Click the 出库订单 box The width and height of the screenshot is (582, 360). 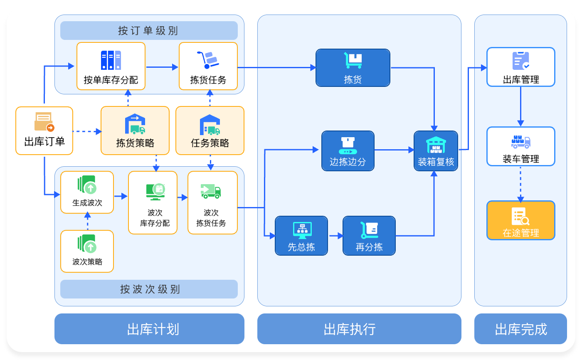pyautogui.click(x=44, y=131)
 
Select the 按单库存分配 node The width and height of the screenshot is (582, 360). pyautogui.click(x=111, y=66)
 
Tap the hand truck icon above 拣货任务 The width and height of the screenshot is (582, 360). pyautogui.click(x=208, y=59)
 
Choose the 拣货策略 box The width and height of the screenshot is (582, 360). pyautogui.click(x=135, y=131)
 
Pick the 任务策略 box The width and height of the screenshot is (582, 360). pyautogui.click(x=210, y=131)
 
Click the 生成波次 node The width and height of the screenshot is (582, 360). pyautogui.click(x=87, y=192)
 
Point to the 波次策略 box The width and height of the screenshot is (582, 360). pyautogui.click(x=87, y=251)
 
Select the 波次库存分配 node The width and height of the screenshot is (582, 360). pyautogui.click(x=153, y=202)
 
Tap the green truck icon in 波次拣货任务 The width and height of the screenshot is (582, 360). pyautogui.click(x=211, y=190)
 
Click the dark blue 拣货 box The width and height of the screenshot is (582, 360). pyautogui.click(x=353, y=68)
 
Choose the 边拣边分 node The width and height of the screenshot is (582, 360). pyautogui.click(x=348, y=151)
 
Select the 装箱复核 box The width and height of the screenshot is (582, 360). pyautogui.click(x=436, y=151)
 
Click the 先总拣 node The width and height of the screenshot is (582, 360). pyautogui.click(x=301, y=236)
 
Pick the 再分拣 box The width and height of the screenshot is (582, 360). pyautogui.click(x=369, y=236)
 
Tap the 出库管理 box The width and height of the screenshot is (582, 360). pyautogui.click(x=520, y=67)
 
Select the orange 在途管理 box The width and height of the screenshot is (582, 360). pyautogui.click(x=520, y=220)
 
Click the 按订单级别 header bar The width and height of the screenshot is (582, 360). pyautogui.click(x=149, y=31)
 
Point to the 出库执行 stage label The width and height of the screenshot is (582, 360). pyautogui.click(x=359, y=329)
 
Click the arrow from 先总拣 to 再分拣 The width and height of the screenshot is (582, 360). pyautogui.click(x=335, y=236)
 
